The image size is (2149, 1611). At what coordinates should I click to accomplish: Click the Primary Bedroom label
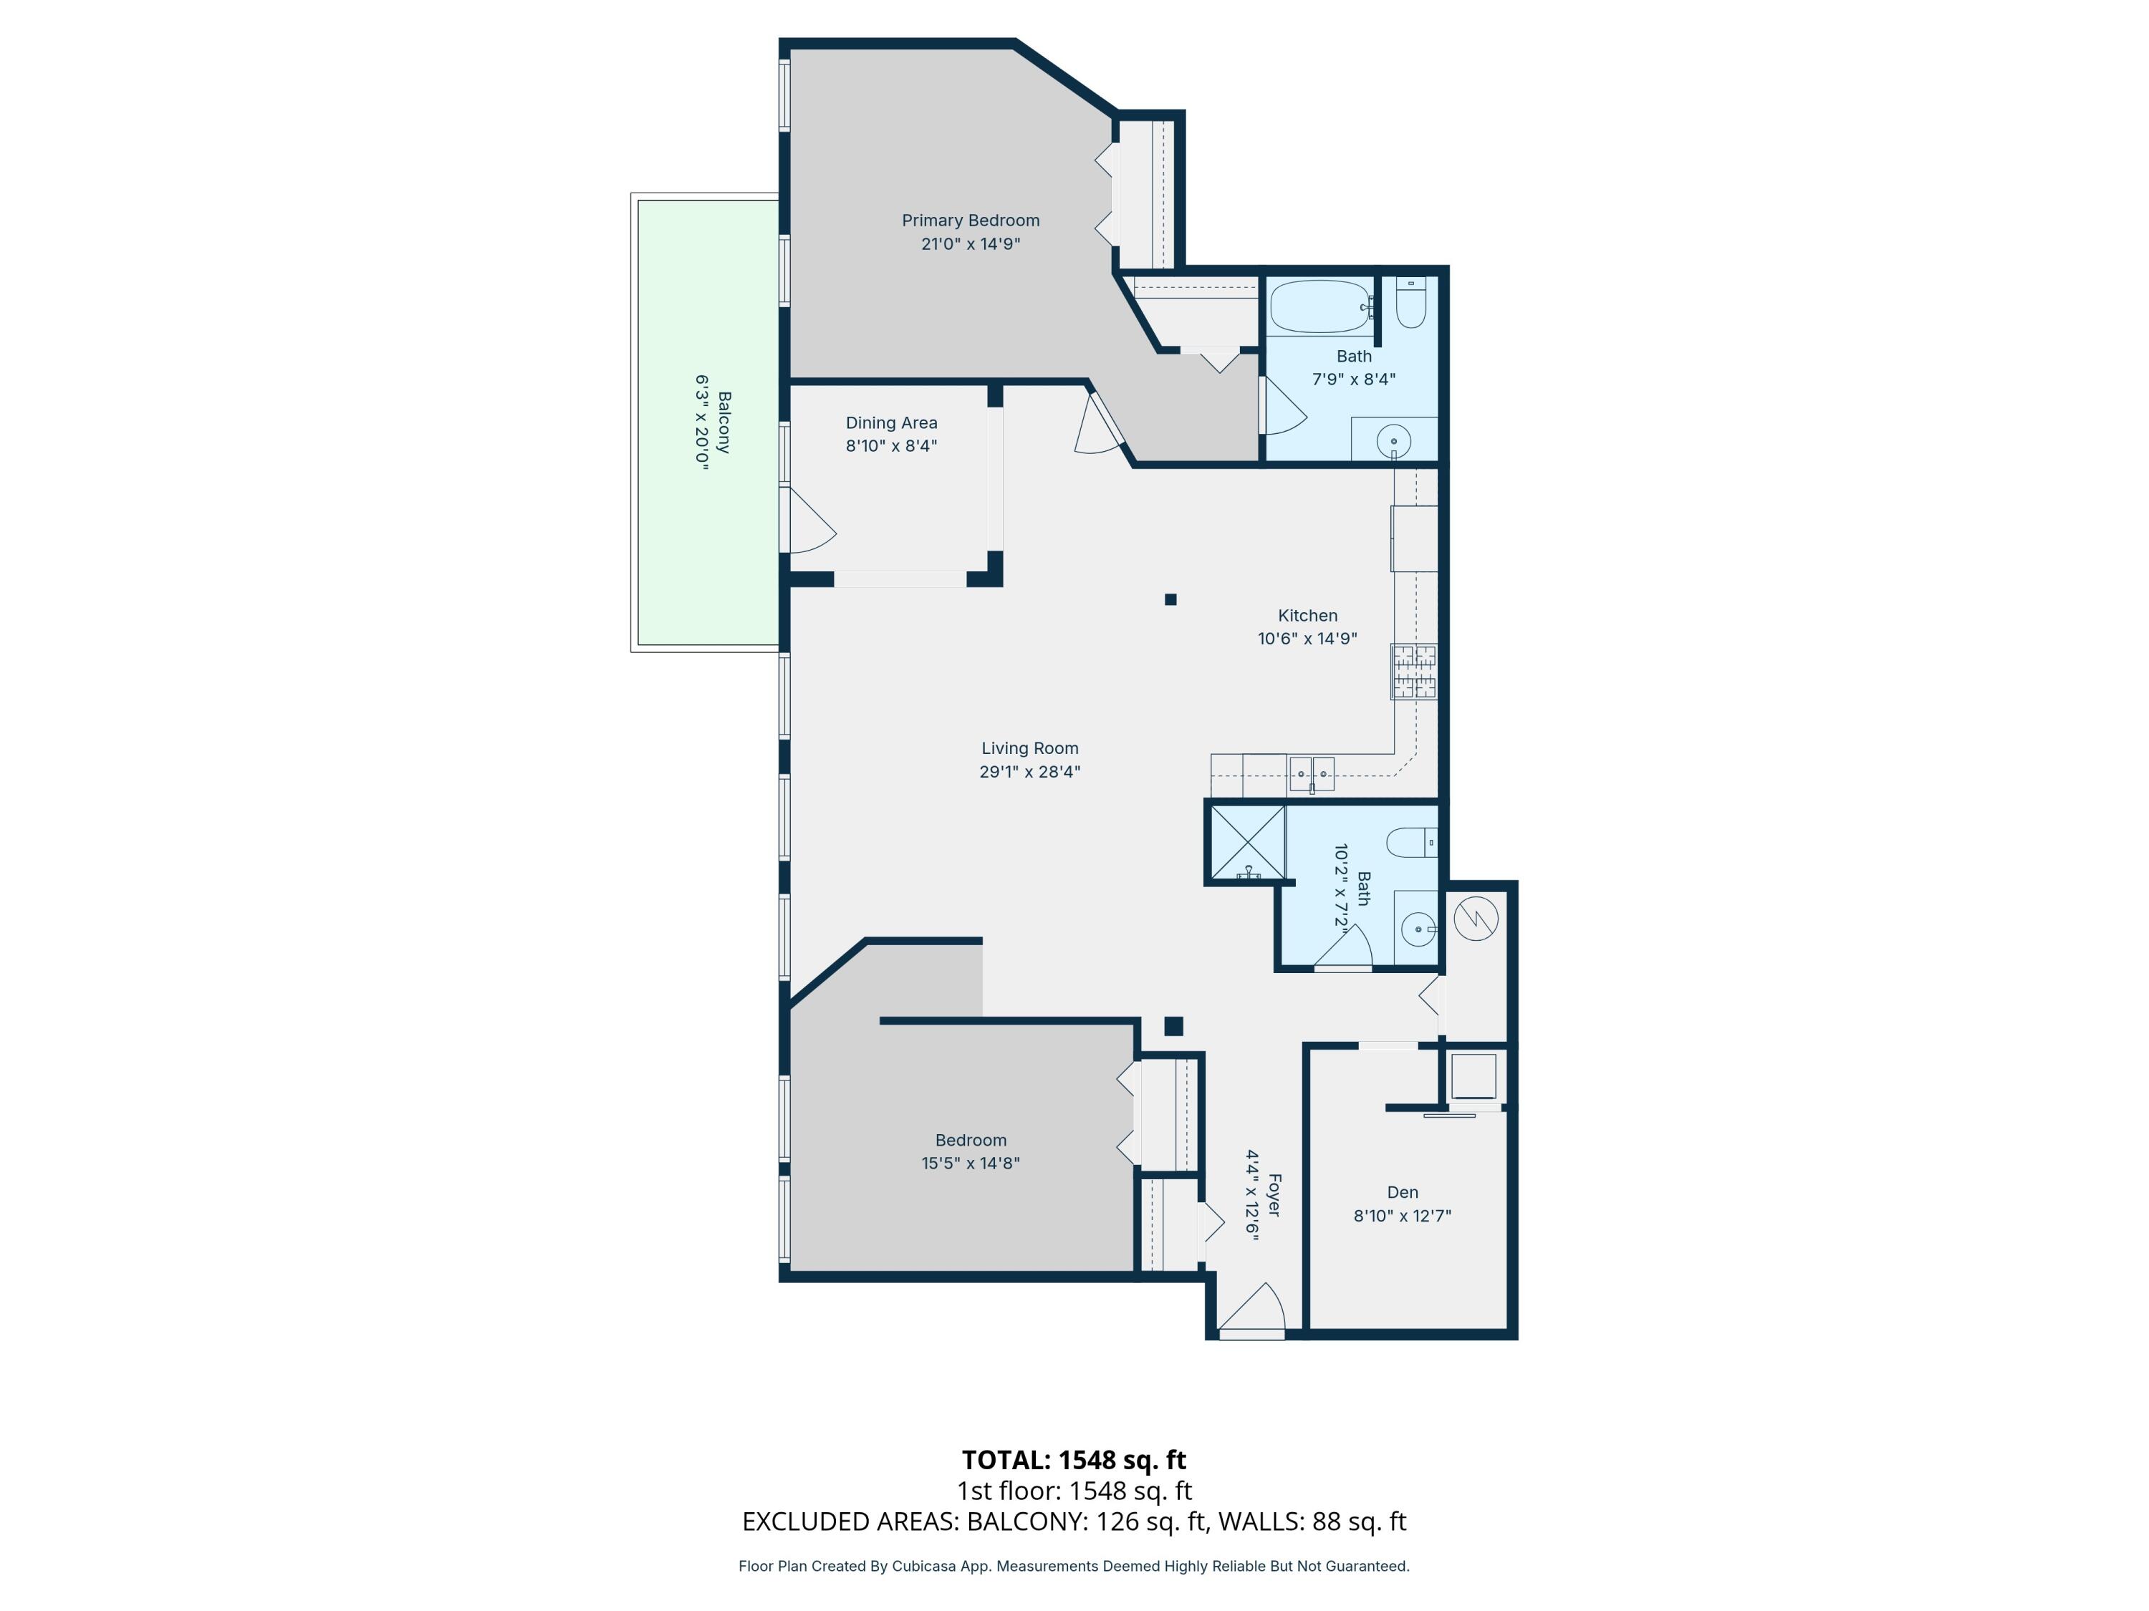click(970, 221)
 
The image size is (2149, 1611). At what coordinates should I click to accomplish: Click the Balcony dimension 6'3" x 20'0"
click(701, 422)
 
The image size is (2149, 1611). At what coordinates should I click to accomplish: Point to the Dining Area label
click(891, 422)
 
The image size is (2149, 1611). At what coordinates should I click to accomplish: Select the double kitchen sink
click(1311, 774)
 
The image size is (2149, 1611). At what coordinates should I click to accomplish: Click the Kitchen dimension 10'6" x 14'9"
click(1307, 638)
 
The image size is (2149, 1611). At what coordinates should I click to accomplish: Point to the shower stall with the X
click(1247, 842)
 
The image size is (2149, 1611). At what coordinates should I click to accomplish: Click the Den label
click(1402, 1191)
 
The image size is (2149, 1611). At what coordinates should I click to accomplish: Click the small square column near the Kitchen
click(1170, 599)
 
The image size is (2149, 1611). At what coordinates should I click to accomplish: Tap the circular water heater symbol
click(1475, 918)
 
